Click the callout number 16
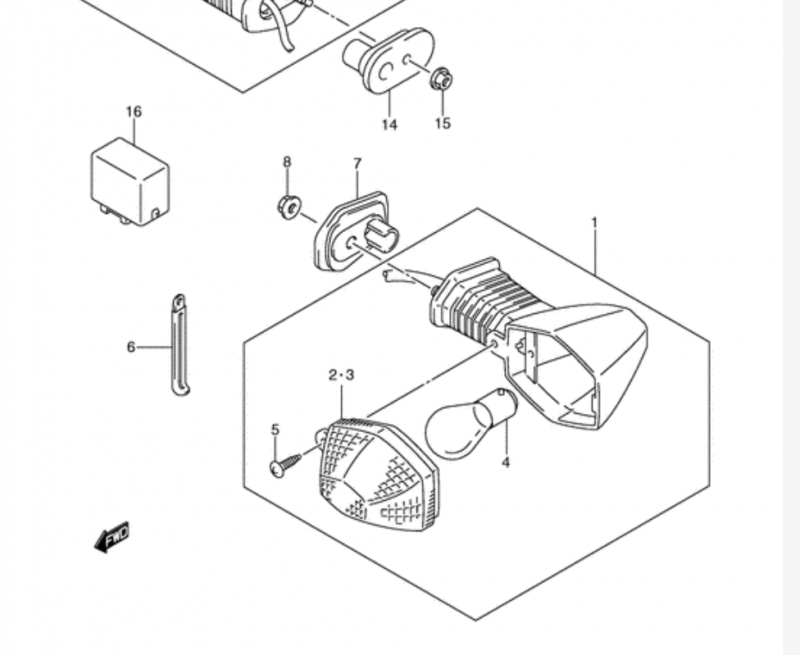(134, 111)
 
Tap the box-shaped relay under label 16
(130, 182)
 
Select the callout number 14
(389, 124)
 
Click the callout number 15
(443, 123)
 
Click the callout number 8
(287, 162)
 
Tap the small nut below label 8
(289, 207)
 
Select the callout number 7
(357, 163)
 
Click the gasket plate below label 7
(352, 232)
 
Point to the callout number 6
(131, 347)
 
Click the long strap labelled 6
(179, 345)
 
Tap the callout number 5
(275, 430)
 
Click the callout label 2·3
(341, 375)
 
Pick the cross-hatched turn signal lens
(378, 474)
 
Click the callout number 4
(506, 463)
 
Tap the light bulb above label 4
(470, 424)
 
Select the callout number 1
(594, 222)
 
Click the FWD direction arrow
(112, 537)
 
